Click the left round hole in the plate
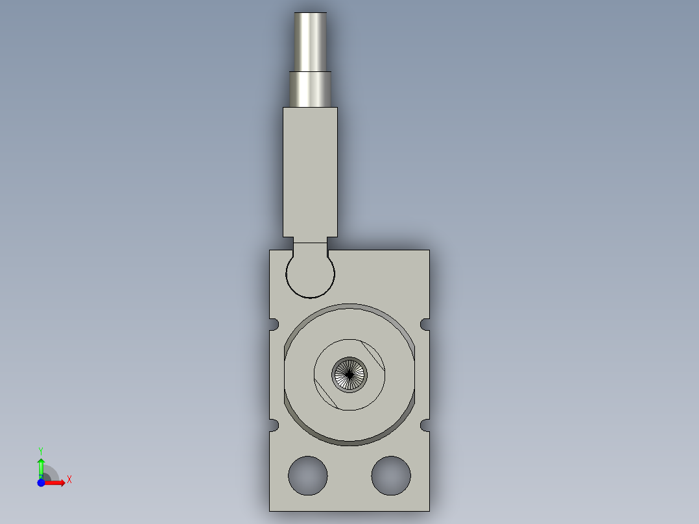[307, 475]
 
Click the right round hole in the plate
[391, 475]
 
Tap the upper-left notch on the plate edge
[274, 324]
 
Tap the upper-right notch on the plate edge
[425, 324]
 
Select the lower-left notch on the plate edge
[274, 425]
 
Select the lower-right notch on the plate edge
[425, 425]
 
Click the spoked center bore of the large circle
[349, 375]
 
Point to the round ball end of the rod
[310, 275]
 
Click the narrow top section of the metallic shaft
[310, 42]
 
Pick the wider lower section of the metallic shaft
[310, 89]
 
